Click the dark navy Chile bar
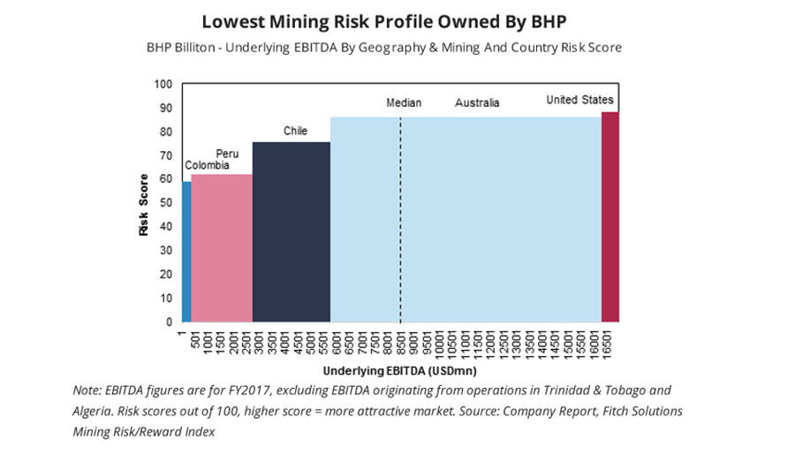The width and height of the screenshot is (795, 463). tap(291, 231)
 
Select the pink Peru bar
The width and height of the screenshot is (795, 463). tap(221, 247)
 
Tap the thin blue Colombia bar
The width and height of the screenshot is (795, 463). tap(186, 252)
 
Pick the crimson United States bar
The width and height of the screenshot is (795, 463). tap(609, 216)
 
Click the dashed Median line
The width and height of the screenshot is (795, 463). tap(400, 221)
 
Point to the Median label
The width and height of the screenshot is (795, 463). tap(404, 103)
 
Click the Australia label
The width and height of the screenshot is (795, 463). tap(477, 103)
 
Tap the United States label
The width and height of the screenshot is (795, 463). tap(579, 100)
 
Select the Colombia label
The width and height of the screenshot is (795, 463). tap(207, 165)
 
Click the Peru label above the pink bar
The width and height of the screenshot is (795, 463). tap(227, 154)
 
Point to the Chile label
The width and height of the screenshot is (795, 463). tap(295, 132)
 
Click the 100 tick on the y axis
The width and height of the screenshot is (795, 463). tap(163, 85)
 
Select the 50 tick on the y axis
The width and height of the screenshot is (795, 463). tap(166, 204)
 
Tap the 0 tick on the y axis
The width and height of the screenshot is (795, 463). tap(169, 323)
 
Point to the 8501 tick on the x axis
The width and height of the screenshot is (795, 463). tap(400, 343)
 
